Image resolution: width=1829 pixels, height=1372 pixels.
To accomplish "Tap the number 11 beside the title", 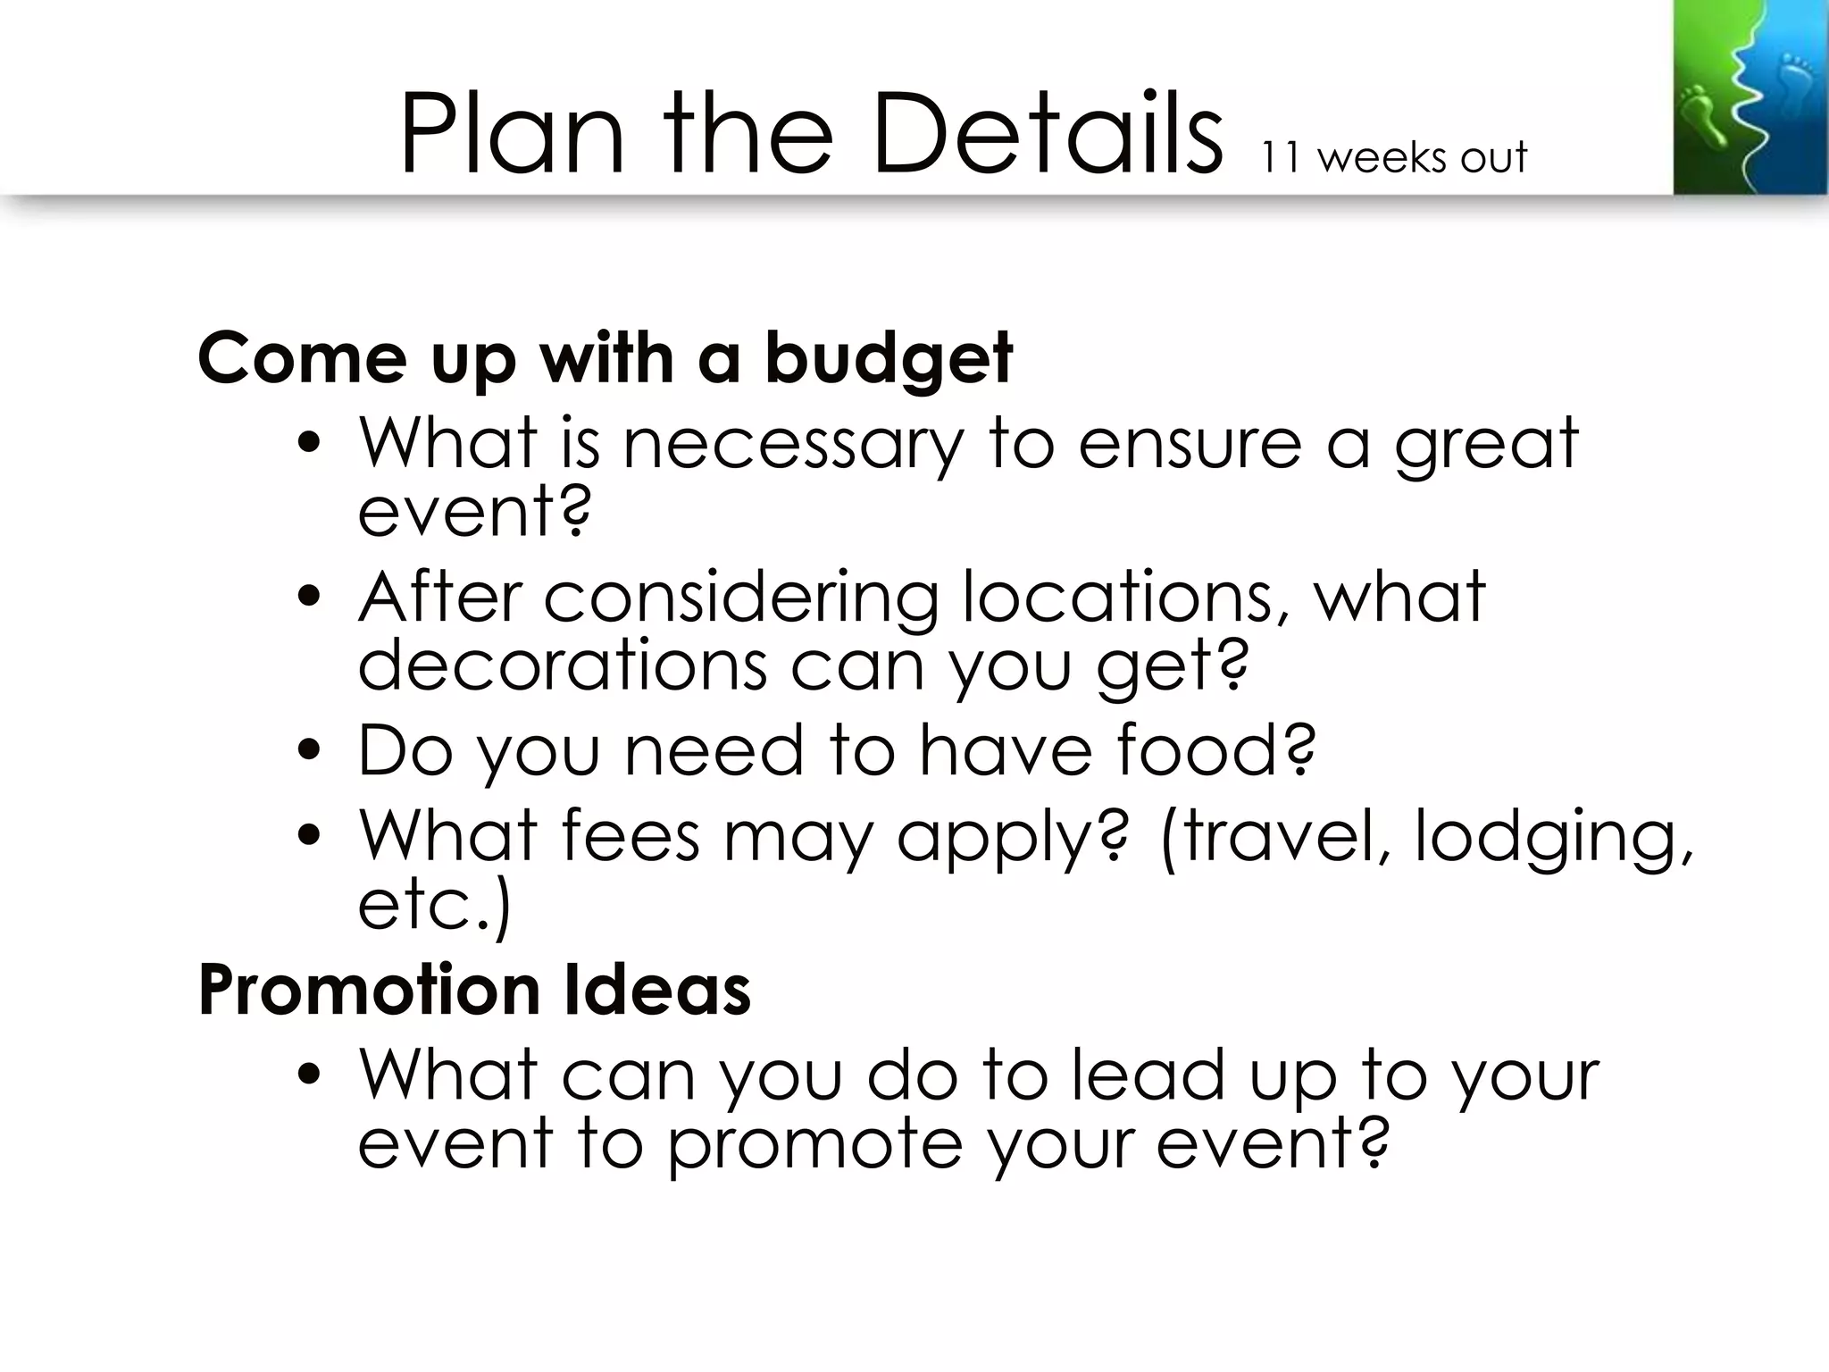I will tap(1281, 157).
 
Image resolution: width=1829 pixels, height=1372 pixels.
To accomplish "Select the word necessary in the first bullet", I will tap(793, 444).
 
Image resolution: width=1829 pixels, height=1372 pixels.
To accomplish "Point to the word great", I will tap(1486, 444).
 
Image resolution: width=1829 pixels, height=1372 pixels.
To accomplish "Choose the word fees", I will tap(631, 835).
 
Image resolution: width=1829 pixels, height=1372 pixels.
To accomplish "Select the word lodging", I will tap(1552, 837).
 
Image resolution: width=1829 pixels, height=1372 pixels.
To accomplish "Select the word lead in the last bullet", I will tap(1148, 1075).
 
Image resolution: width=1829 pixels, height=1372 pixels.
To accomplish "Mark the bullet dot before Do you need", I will tap(309, 751).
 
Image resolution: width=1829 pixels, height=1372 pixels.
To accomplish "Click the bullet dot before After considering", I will tap(309, 598).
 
